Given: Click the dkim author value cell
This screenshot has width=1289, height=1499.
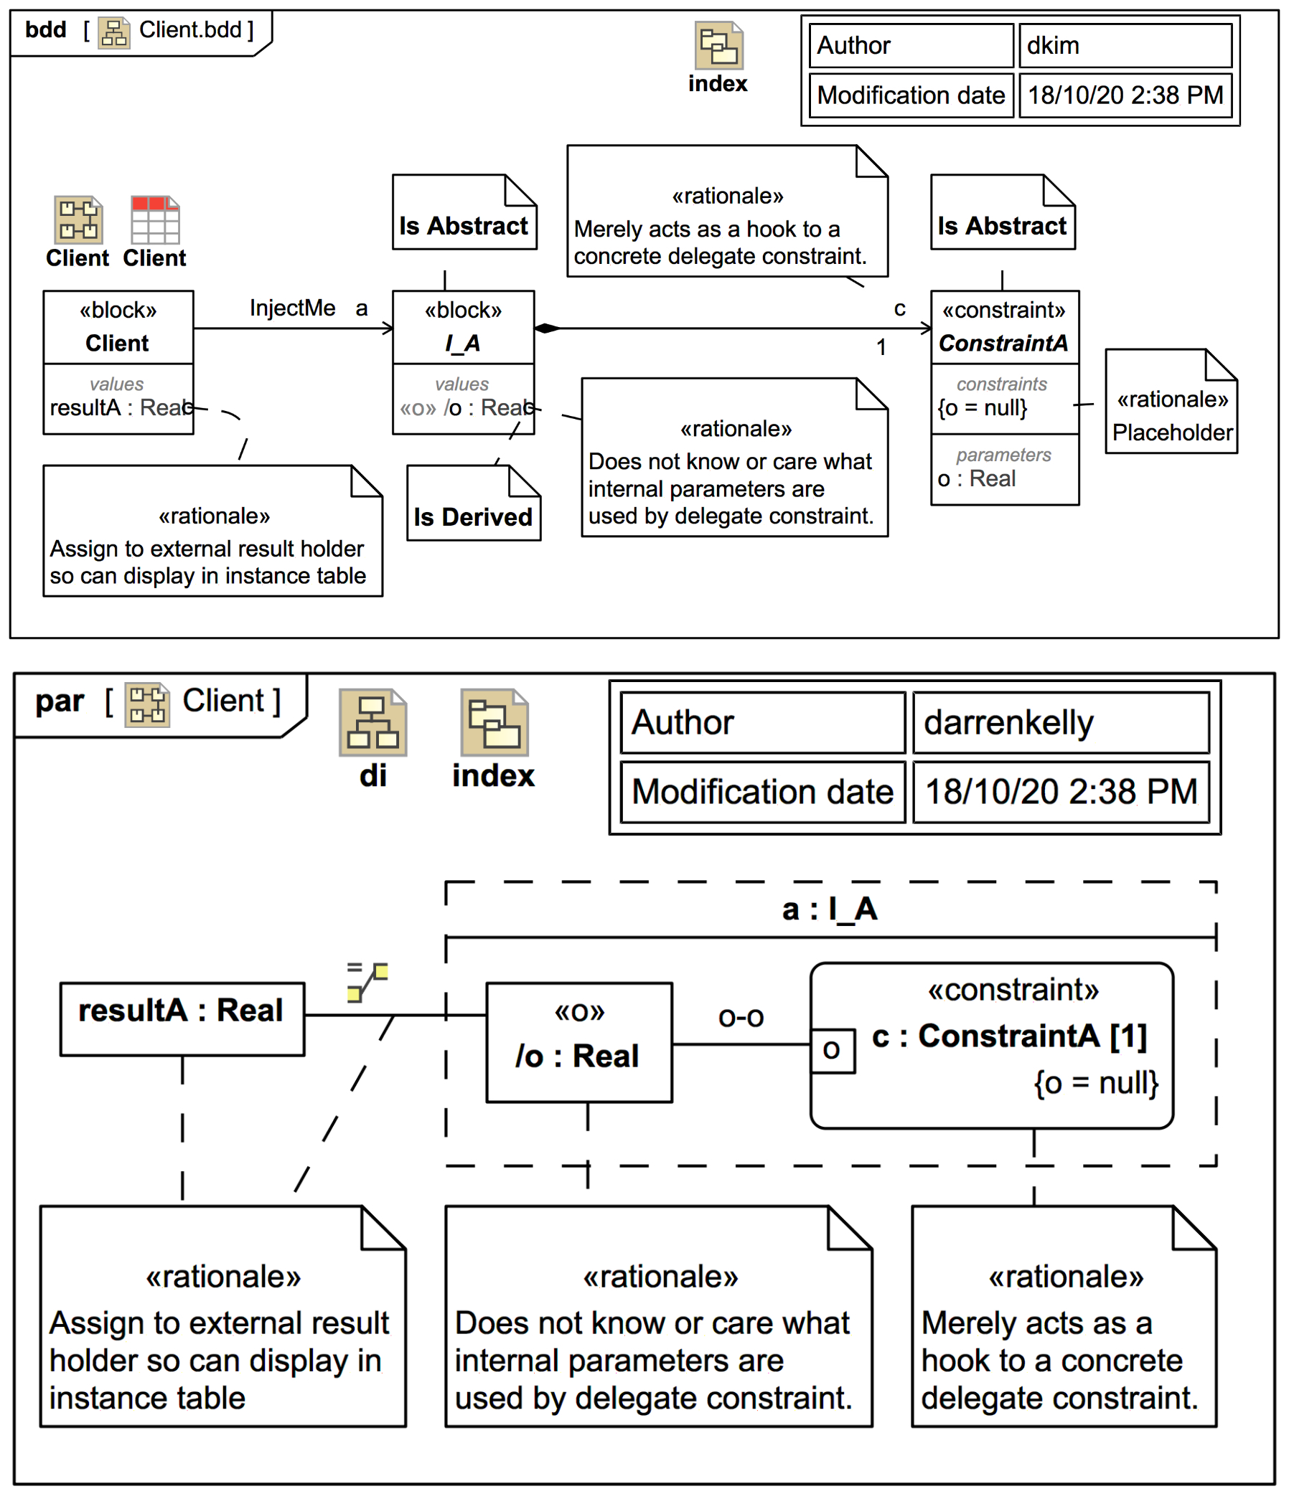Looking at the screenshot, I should [1124, 46].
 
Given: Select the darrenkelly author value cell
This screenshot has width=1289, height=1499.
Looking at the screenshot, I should [1059, 722].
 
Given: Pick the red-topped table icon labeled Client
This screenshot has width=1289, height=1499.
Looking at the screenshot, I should [155, 220].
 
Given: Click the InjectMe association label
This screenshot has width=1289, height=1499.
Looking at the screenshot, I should [292, 308].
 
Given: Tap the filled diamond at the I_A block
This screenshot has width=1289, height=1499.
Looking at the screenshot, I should [547, 328].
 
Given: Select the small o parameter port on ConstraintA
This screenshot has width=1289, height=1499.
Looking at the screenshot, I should [832, 1049].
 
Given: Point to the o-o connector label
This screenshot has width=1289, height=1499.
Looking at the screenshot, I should [741, 1017].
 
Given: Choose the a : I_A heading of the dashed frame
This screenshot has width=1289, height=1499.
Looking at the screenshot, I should [830, 909].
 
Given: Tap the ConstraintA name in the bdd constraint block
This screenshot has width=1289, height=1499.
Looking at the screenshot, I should [1003, 343].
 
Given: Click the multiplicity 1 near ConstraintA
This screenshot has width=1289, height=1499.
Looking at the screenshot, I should [881, 347].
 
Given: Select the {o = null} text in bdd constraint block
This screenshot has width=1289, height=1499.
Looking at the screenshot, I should [982, 408].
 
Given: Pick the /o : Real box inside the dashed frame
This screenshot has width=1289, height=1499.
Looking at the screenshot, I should [578, 1041].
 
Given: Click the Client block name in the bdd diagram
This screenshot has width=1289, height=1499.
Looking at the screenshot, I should [117, 343].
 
